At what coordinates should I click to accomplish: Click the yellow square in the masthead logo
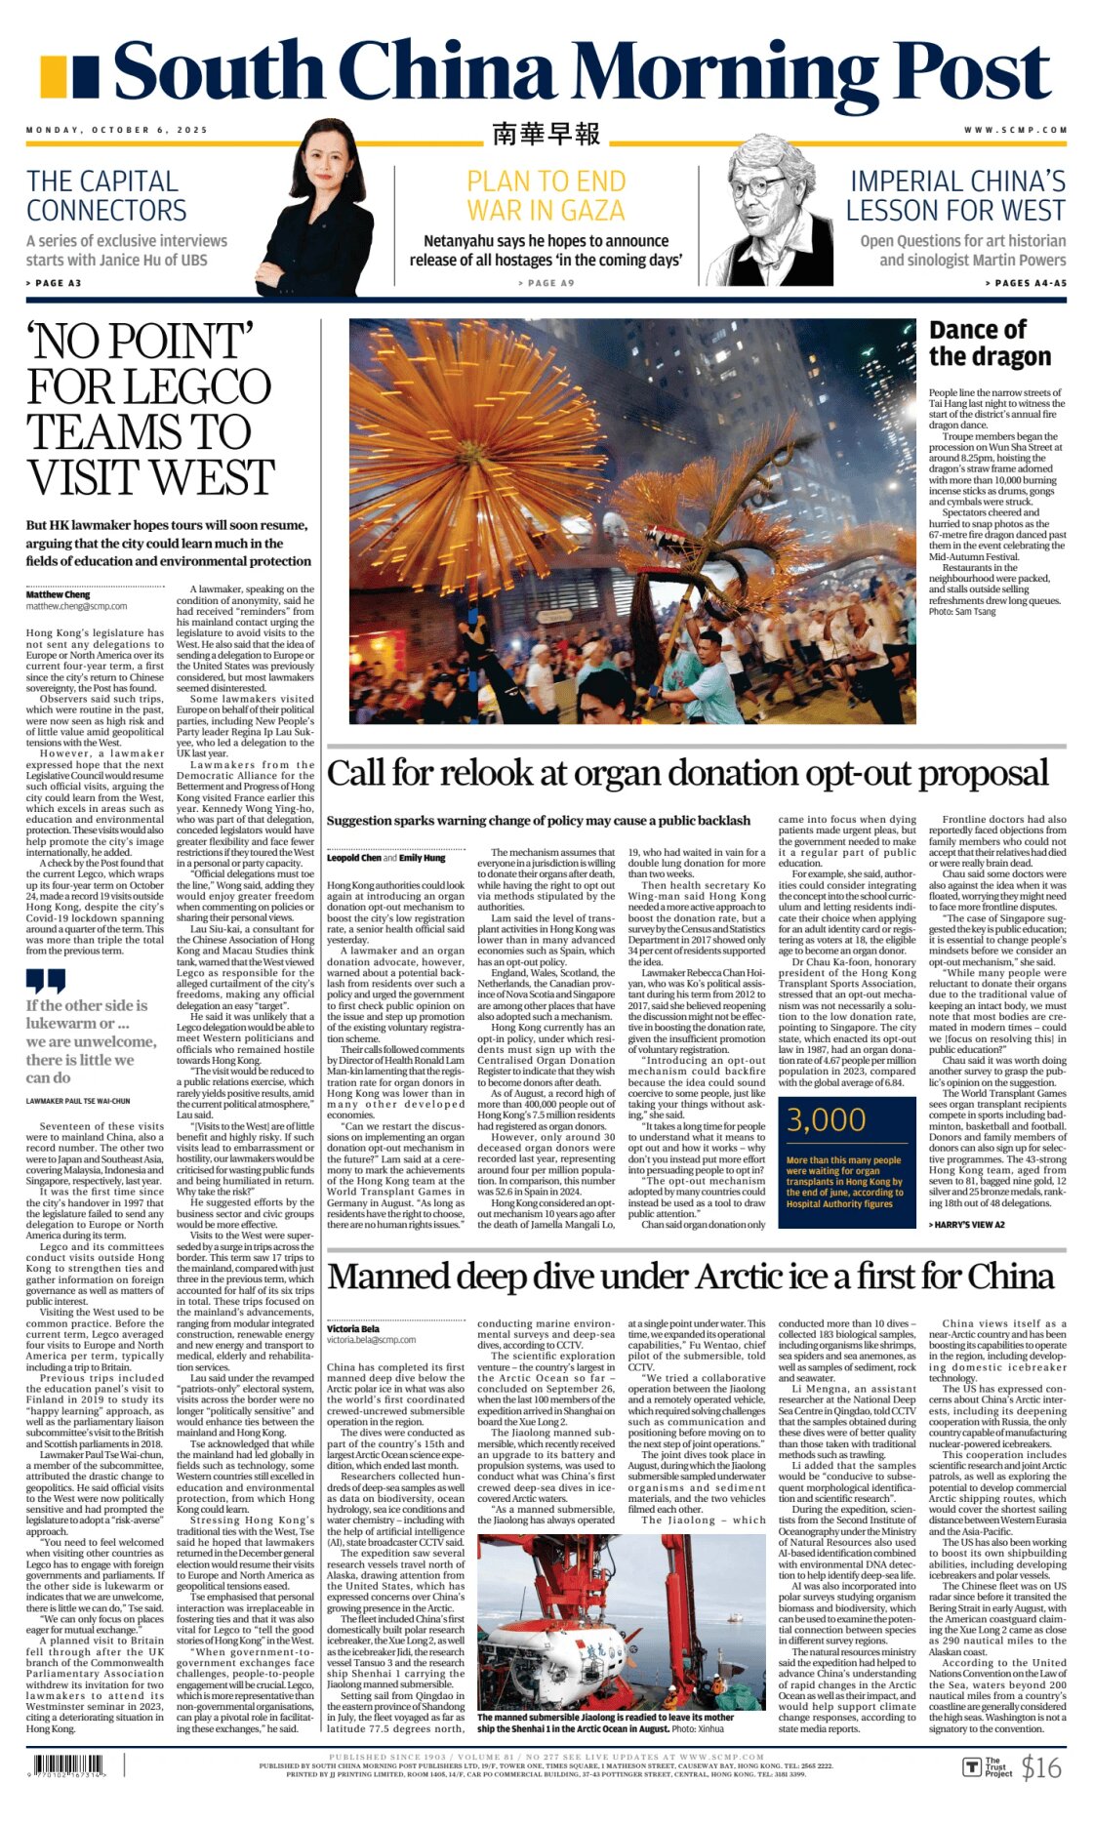pos(54,75)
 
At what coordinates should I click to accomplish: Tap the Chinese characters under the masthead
pos(546,134)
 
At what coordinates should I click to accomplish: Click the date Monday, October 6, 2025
pos(117,130)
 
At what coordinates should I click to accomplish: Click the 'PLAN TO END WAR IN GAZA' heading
pos(546,196)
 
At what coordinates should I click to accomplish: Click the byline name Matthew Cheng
pos(58,594)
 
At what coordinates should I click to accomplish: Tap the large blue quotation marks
pos(46,980)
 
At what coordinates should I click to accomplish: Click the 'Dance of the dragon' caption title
pos(990,344)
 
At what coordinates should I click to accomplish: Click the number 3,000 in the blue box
pos(826,1120)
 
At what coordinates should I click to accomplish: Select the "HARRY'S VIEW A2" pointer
pos(966,1225)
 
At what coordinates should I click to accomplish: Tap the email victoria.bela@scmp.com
pos(372,1340)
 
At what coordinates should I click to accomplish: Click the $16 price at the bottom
pos(1040,1767)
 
